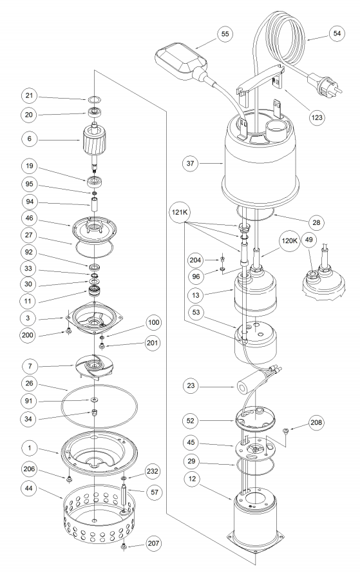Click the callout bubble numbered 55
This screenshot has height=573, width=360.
pyautogui.click(x=225, y=34)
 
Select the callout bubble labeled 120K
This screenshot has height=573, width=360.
pyautogui.click(x=290, y=240)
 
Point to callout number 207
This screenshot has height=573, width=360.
pyautogui.click(x=153, y=543)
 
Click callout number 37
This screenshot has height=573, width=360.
pyautogui.click(x=191, y=163)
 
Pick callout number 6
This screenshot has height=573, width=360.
pyautogui.click(x=29, y=139)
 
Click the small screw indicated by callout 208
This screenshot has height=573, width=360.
pyautogui.click(x=286, y=431)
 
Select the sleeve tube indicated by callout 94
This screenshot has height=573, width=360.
pyautogui.click(x=94, y=204)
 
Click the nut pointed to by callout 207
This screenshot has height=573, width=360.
pyautogui.click(x=124, y=547)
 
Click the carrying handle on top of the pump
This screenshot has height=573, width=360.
pyautogui.click(x=261, y=79)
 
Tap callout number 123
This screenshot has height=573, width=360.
pyautogui.click(x=317, y=117)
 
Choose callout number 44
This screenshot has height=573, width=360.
pyautogui.click(x=28, y=488)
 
